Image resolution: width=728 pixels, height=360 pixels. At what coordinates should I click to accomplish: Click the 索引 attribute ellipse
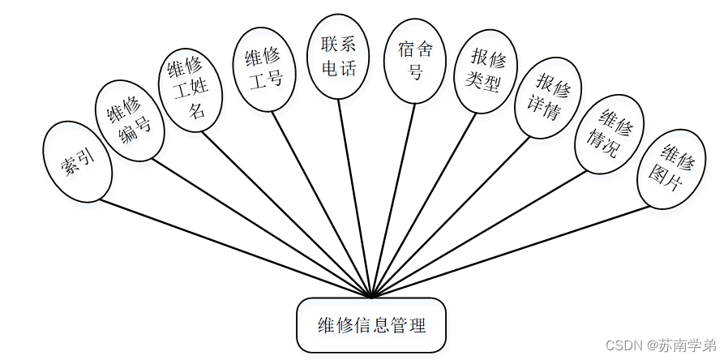tap(77, 161)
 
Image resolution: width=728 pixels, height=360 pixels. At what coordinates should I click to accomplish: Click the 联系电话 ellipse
tap(338, 57)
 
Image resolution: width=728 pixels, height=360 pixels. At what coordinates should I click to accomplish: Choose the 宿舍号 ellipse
tap(415, 61)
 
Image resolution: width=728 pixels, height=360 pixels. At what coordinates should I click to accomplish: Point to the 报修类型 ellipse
tap(485, 72)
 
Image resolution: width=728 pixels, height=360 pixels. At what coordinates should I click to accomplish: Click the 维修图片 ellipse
tap(672, 170)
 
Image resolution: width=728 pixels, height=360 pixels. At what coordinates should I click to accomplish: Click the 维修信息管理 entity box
tap(371, 326)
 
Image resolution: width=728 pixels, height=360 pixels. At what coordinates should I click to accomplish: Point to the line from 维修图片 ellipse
tap(511, 251)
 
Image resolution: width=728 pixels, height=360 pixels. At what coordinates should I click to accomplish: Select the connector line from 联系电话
tap(355, 199)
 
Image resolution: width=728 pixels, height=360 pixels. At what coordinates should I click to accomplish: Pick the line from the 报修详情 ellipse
tap(454, 219)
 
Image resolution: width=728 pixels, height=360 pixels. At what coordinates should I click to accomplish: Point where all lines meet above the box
tap(371, 296)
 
